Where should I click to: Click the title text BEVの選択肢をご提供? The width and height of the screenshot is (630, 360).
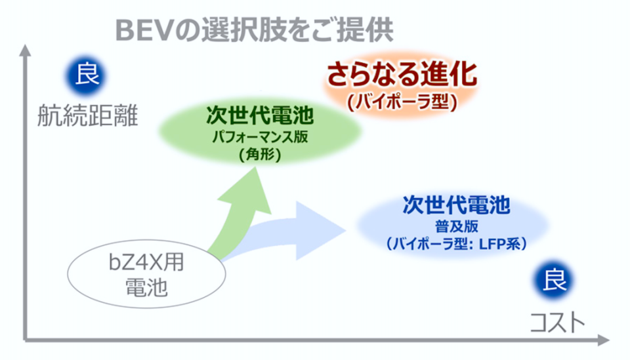pyautogui.click(x=254, y=30)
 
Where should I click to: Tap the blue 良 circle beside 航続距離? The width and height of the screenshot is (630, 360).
pyautogui.click(x=87, y=75)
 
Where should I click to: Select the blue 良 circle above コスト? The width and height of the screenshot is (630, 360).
pyautogui.click(x=555, y=280)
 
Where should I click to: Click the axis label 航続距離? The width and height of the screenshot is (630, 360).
pyautogui.click(x=87, y=115)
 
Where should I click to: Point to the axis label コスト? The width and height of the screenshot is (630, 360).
pyautogui.click(x=557, y=323)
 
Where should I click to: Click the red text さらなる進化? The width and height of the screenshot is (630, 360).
pyautogui.click(x=402, y=74)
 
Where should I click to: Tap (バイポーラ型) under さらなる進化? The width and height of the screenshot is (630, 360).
pyautogui.click(x=402, y=102)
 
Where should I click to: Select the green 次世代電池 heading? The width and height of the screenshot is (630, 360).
pyautogui.click(x=260, y=115)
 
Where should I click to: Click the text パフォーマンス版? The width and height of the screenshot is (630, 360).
pyautogui.click(x=260, y=137)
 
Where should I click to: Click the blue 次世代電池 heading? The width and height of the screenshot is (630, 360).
pyautogui.click(x=457, y=205)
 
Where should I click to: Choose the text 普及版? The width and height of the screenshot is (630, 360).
pyautogui.click(x=457, y=227)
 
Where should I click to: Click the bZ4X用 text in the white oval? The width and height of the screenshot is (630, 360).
pyautogui.click(x=146, y=262)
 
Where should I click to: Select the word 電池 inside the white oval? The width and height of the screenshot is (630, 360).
pyautogui.click(x=146, y=288)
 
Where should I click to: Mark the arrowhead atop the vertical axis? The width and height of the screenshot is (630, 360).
pyautogui.click(x=26, y=50)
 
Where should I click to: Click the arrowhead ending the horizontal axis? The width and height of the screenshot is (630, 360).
pyautogui.click(x=604, y=340)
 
